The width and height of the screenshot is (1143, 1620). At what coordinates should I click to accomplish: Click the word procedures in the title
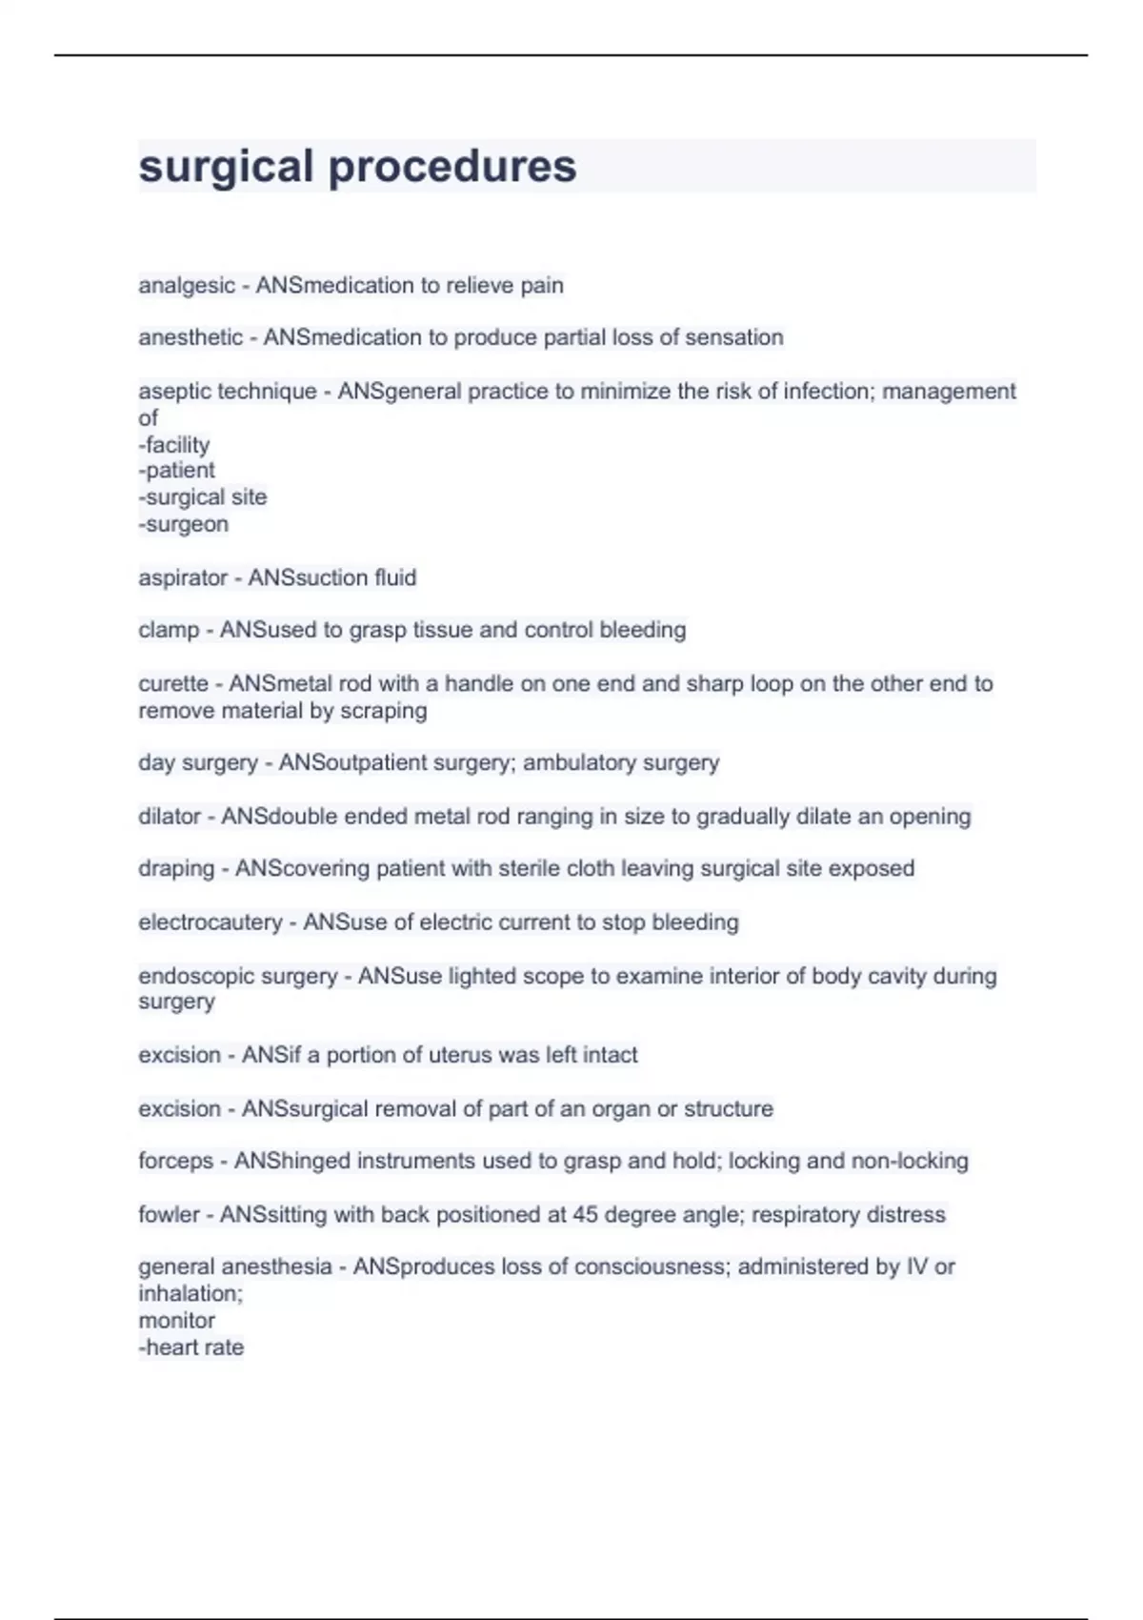coord(452,167)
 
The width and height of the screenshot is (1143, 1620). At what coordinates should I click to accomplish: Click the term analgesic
coord(187,286)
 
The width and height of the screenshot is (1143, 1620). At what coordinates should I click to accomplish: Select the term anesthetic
coord(190,337)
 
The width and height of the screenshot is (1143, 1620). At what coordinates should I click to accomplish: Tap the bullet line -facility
coord(174,445)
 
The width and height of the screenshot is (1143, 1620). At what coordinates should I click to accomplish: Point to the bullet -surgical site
coord(203,497)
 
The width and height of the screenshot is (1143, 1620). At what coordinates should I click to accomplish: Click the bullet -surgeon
coord(184,524)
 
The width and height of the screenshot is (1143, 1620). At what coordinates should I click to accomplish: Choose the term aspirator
coord(183,578)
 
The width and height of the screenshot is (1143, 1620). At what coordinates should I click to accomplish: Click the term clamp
coord(169,630)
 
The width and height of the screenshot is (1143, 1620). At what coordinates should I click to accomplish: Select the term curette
coord(173,684)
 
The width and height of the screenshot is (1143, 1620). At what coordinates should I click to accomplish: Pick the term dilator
coord(170,817)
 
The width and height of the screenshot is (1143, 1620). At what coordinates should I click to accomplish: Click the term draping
coord(176,869)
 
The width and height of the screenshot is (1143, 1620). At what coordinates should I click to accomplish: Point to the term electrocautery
coord(211,922)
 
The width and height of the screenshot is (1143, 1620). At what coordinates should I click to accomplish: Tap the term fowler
coord(170,1215)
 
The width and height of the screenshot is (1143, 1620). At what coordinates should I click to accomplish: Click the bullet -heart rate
coord(191,1347)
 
